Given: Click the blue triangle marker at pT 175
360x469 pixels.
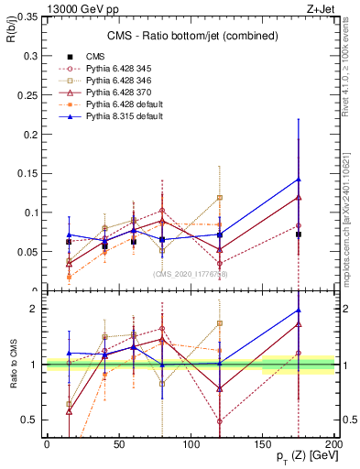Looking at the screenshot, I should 299,179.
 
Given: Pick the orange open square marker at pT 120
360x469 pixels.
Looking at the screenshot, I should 220,197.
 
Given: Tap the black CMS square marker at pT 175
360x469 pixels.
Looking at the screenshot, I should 299,234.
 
